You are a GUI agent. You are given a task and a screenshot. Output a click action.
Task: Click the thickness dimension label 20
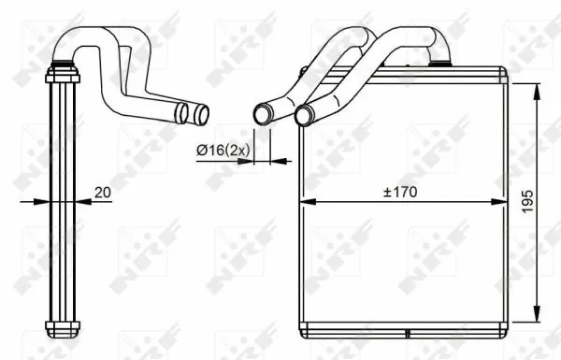tap(102, 193)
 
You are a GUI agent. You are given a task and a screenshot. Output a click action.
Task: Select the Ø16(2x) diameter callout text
tap(222, 147)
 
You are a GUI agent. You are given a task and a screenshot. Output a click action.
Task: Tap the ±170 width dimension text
tap(400, 193)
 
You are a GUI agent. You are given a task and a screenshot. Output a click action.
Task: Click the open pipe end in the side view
tap(201, 115)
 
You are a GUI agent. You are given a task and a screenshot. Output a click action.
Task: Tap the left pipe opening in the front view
tap(262, 115)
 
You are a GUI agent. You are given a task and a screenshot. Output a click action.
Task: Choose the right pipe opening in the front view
tap(303, 115)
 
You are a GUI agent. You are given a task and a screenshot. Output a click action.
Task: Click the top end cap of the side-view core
tap(61, 70)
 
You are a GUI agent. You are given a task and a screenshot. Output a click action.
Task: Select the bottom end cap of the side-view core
tap(61, 327)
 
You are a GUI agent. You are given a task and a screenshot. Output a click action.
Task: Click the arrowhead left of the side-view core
tap(41, 201)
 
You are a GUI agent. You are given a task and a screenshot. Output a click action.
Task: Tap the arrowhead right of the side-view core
tap(80, 201)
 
